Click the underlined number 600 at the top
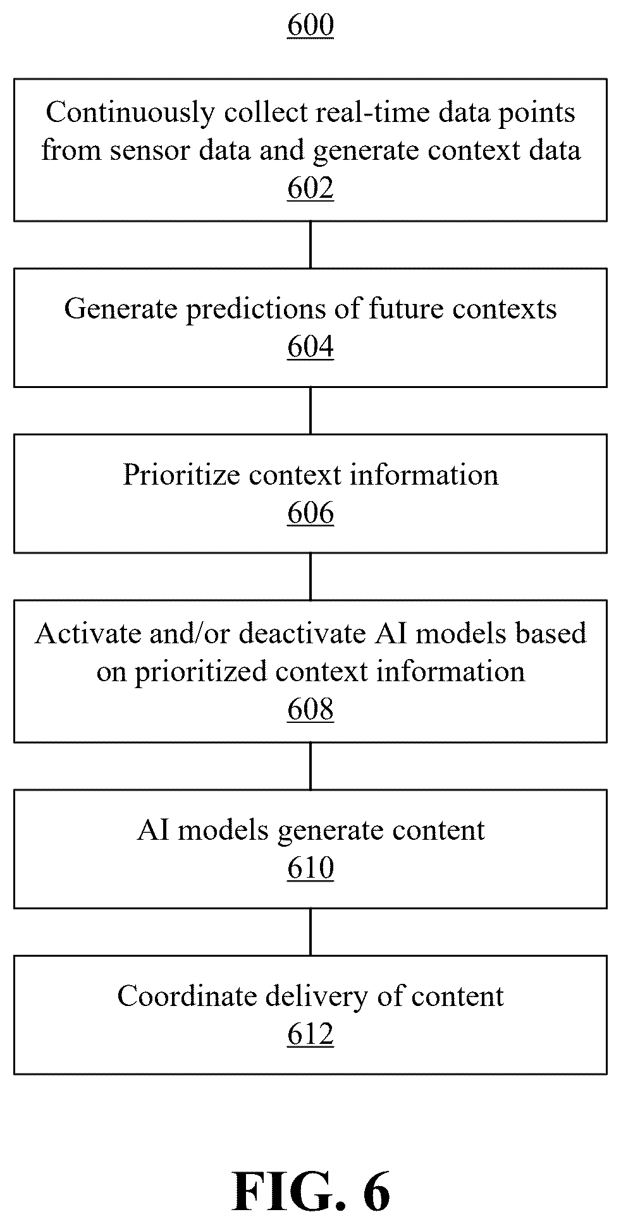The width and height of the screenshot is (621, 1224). click(310, 26)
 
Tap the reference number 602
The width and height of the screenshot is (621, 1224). click(310, 188)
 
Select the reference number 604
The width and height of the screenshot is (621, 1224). click(310, 347)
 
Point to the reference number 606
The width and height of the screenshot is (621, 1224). click(310, 513)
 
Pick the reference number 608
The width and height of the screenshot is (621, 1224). click(310, 710)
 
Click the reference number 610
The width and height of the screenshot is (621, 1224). click(310, 868)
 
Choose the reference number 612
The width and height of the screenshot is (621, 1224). click(310, 1034)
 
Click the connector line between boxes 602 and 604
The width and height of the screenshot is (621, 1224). click(310, 245)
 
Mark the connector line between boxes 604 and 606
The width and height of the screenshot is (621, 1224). click(310, 411)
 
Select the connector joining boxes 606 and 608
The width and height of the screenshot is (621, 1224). click(310, 576)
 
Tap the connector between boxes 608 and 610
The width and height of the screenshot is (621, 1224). click(310, 766)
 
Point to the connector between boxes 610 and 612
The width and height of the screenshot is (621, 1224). click(310, 932)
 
